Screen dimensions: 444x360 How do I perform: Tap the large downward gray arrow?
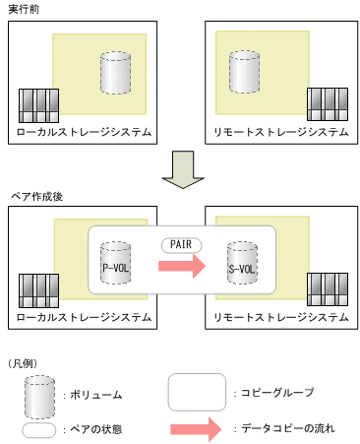pyautogui.click(x=179, y=168)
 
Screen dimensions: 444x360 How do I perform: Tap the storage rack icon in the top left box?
pyautogui.click(x=35, y=105)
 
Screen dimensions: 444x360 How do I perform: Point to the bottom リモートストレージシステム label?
pyautogui.click(x=280, y=317)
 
